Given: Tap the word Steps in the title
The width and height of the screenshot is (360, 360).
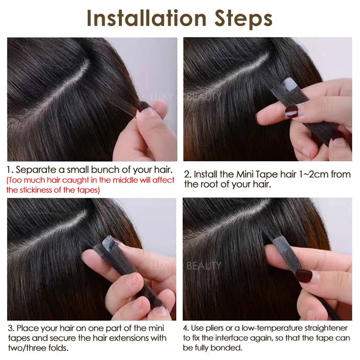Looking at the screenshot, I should coord(243,18).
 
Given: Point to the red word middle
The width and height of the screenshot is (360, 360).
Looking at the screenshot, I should coord(128,180).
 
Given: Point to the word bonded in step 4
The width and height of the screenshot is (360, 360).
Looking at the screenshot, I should coord(222,348).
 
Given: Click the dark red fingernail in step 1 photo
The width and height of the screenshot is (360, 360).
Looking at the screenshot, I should coord(144,106).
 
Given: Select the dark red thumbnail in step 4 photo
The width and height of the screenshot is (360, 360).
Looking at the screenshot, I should coord(304,275).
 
